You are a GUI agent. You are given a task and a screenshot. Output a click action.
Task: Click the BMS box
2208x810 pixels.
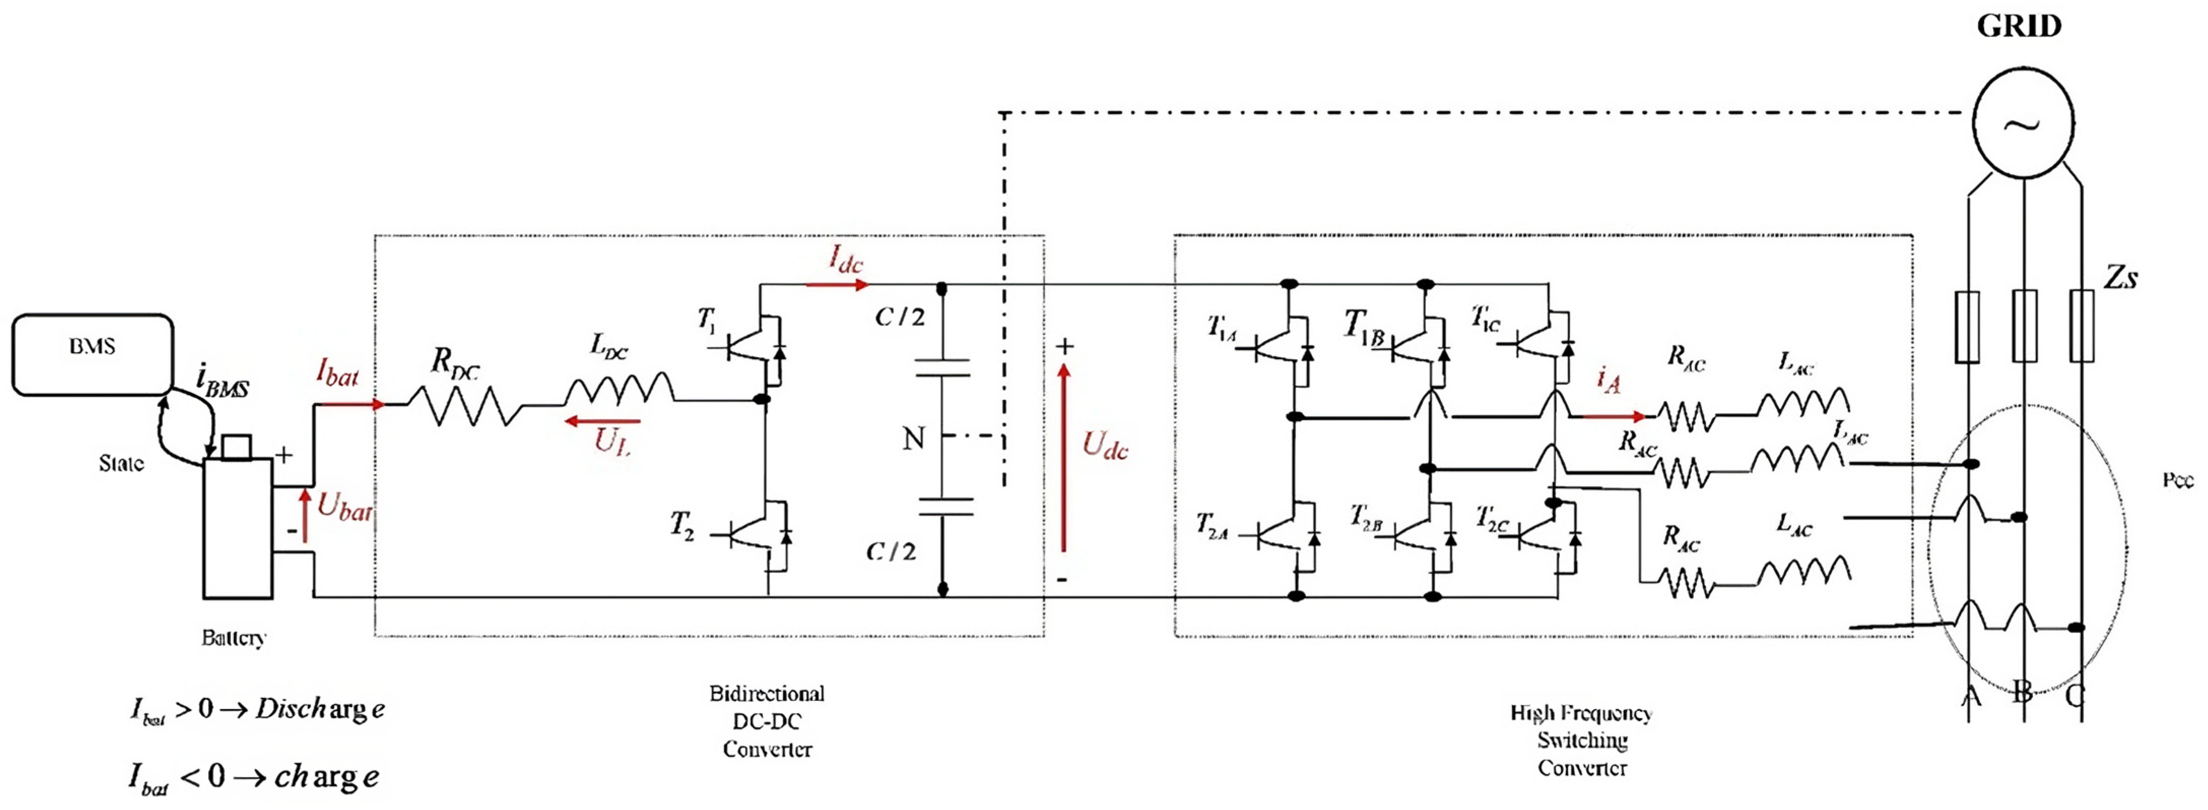coord(92,354)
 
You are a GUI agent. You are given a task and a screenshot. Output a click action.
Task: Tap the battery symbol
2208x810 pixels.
coord(238,527)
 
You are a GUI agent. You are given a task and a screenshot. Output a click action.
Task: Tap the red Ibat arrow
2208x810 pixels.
coord(350,403)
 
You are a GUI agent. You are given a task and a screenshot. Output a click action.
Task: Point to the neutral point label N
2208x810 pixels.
coord(914,439)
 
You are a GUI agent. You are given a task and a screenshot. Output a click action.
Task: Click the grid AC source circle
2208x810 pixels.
coord(2024,123)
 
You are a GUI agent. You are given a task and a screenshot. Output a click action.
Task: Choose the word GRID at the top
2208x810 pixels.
coord(2019,26)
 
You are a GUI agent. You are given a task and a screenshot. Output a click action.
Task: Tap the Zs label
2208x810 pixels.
coord(2121,277)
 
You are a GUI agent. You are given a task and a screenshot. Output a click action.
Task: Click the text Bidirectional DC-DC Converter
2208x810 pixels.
coord(766,721)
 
